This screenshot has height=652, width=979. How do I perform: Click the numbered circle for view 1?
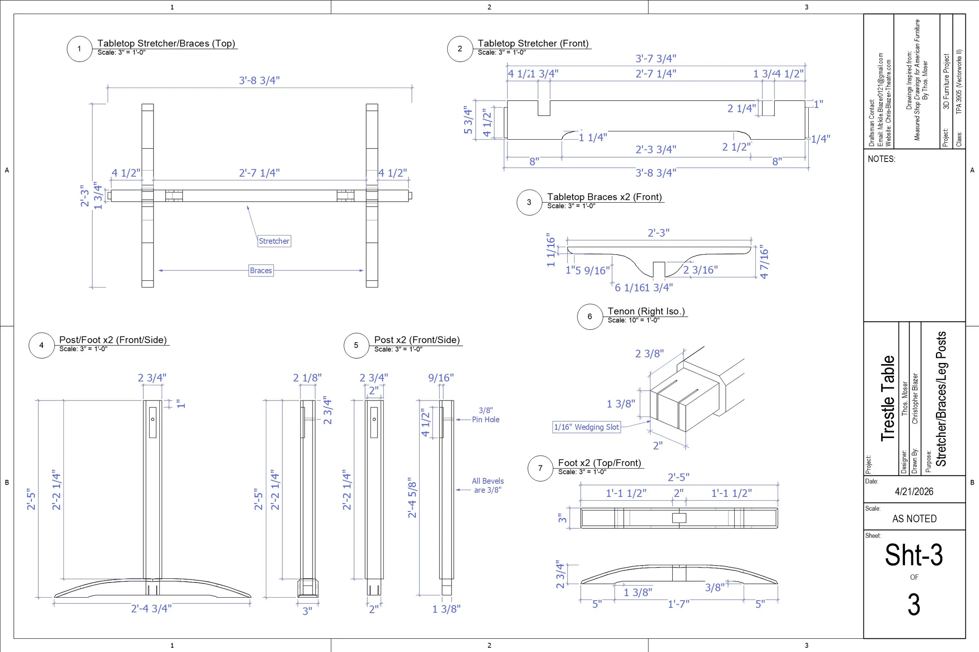(79, 49)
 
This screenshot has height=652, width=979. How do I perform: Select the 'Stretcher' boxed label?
(274, 241)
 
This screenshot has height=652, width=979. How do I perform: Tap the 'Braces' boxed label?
(261, 271)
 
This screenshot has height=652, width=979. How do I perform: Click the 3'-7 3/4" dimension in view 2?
(656, 59)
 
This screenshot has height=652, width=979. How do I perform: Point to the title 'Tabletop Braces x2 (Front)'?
(604, 197)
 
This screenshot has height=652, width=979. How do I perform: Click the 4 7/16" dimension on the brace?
(764, 262)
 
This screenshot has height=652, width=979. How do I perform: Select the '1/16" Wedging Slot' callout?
(586, 427)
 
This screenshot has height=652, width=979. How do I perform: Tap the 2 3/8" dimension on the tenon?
(649, 354)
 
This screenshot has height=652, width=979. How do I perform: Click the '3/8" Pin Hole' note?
(485, 415)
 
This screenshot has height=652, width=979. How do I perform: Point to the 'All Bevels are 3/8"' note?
(488, 485)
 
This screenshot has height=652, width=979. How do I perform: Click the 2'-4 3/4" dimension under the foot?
(151, 609)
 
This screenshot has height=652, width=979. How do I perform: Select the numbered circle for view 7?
(540, 468)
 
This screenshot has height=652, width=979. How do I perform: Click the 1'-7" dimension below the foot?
(679, 604)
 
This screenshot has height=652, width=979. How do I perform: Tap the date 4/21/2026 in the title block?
(914, 492)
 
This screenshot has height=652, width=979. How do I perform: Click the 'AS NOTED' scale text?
(914, 519)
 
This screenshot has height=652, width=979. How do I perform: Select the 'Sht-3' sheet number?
(914, 555)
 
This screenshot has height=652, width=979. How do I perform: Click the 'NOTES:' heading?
(881, 159)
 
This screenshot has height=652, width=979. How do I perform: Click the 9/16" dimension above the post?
(441, 378)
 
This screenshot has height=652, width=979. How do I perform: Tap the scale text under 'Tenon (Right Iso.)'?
(633, 320)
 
